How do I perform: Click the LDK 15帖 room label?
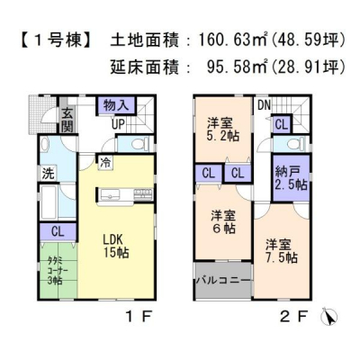pyautogui.click(x=116, y=246)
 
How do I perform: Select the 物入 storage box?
pyautogui.click(x=116, y=105)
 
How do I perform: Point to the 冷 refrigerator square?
pyautogui.click(x=105, y=163)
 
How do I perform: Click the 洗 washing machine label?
pyautogui.click(x=48, y=174)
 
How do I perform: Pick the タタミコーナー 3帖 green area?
pyautogui.click(x=58, y=270)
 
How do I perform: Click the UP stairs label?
pyautogui.click(x=118, y=124)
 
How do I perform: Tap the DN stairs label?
pyautogui.click(x=264, y=105)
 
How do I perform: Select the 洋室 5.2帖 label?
pyautogui.click(x=223, y=130)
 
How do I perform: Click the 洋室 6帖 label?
pyautogui.click(x=223, y=222)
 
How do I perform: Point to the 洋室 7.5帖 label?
pyautogui.click(x=281, y=251)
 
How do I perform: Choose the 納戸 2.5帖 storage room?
pyautogui.click(x=291, y=178)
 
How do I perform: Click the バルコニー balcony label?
pyautogui.click(x=223, y=280)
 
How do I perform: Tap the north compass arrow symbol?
pyautogui.click(x=329, y=317)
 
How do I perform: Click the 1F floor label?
pyautogui.click(x=139, y=316)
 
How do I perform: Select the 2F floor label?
pyautogui.click(x=294, y=316)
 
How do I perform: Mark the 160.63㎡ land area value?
pyautogui.click(x=232, y=40)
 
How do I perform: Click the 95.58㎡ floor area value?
pyautogui.click(x=237, y=67)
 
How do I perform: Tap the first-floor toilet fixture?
pyautogui.click(x=144, y=143)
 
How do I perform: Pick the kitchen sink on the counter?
pyautogui.click(x=110, y=195)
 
